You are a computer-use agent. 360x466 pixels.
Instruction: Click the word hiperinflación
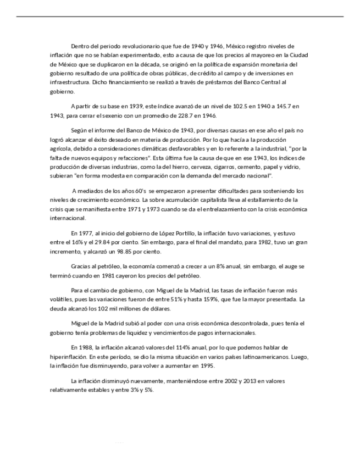[68, 357]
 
